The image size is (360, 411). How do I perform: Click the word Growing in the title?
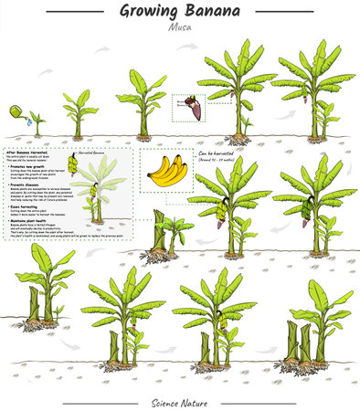(150, 12)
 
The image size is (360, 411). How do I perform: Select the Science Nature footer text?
(180, 402)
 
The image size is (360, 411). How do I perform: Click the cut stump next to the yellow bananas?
(163, 234)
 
